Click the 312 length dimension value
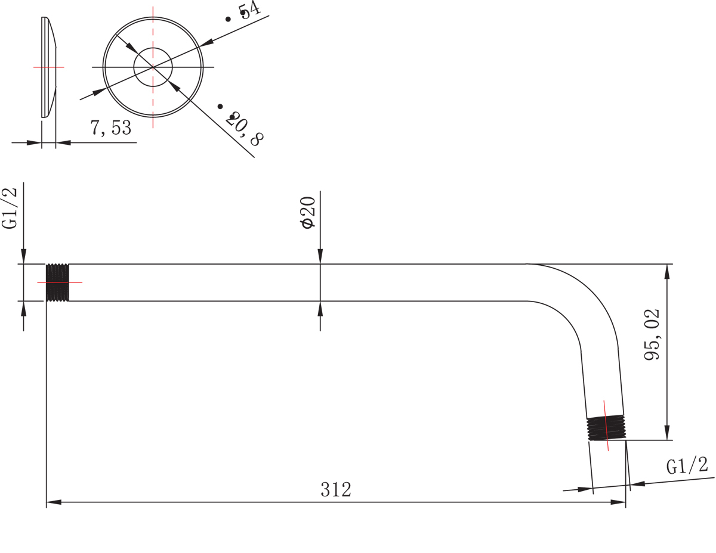[336, 489]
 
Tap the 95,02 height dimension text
[652, 335]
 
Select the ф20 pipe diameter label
[308, 213]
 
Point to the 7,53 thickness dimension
[111, 128]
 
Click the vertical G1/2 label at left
[9, 208]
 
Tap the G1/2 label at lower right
[687, 466]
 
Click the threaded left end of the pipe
[57, 282]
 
